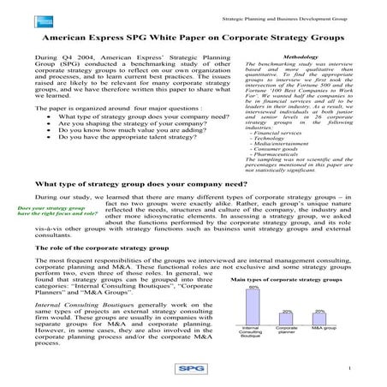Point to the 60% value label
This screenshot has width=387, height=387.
253,288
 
